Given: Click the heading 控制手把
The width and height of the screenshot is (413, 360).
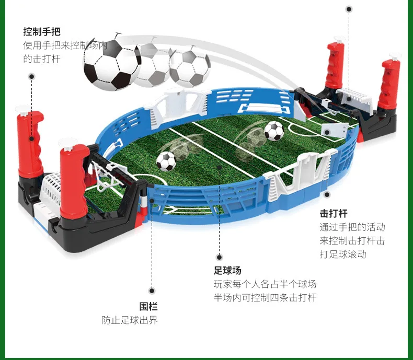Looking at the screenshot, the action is (x=42, y=31).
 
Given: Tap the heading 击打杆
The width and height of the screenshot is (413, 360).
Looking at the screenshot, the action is (x=334, y=213).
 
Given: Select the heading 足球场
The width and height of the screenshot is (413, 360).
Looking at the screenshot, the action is (x=227, y=270).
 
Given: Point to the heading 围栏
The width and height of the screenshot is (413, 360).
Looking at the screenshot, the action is (x=148, y=307).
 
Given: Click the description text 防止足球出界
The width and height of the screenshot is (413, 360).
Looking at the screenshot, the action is (x=130, y=320).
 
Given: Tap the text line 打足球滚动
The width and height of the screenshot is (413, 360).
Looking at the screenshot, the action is (x=343, y=254).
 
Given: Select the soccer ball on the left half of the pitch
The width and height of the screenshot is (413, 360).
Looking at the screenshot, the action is (x=166, y=161).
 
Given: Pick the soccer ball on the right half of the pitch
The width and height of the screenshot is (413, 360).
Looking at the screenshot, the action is (x=274, y=131).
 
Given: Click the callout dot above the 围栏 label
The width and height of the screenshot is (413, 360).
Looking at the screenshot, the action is (x=152, y=291).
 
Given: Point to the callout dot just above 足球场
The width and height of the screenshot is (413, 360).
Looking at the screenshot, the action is (x=219, y=257).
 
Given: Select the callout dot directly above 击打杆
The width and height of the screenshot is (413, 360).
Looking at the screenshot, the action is (x=327, y=195).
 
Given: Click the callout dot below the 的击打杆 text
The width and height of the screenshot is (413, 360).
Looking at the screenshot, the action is (x=31, y=77).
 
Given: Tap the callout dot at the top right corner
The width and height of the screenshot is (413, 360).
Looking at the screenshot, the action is (x=349, y=9).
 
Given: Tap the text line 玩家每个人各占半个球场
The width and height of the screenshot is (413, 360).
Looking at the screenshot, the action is (x=265, y=284).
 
